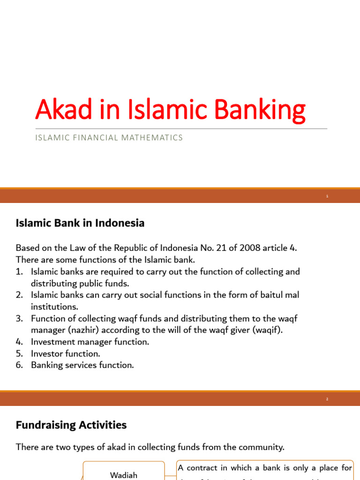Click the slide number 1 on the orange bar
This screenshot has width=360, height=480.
click(327, 196)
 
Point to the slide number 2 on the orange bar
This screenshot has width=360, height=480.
click(327, 399)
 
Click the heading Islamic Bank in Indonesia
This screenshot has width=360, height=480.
click(80, 224)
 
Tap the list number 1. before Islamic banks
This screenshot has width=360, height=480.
click(20, 272)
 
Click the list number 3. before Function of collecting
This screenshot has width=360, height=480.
click(20, 319)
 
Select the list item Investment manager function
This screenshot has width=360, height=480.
click(90, 342)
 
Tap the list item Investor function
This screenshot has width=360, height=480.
click(66, 353)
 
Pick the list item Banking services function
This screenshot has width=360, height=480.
click(82, 365)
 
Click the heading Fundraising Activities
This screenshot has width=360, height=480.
click(71, 425)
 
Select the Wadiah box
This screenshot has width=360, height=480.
click(124, 474)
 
